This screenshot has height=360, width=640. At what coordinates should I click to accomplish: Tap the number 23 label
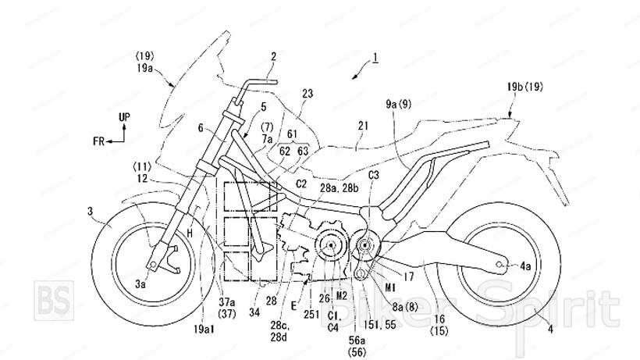[x=308, y=93]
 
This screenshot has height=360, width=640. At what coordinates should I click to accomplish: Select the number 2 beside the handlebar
[x=274, y=55]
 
